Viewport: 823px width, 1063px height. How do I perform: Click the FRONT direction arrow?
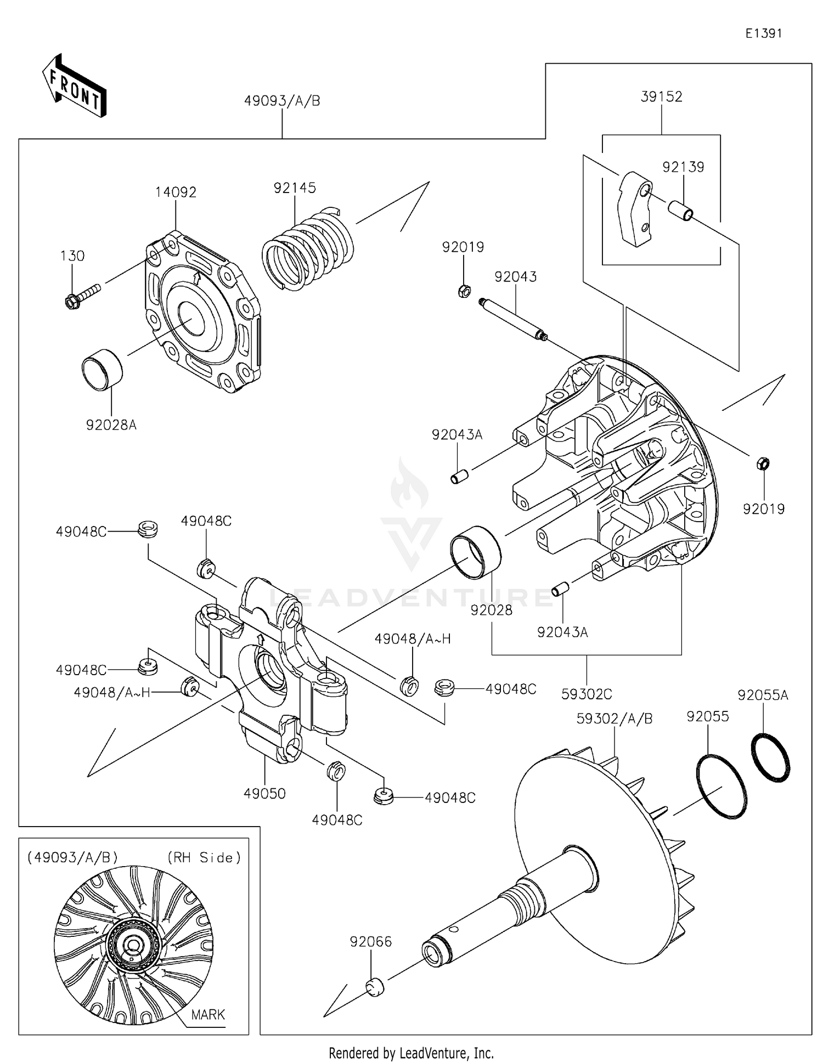coord(74,87)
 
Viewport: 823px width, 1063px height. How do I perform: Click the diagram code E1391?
coord(763,33)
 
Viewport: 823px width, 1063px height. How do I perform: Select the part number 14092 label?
coord(176,193)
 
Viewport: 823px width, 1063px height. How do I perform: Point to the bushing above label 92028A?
coord(103,370)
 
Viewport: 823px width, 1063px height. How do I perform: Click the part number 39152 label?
coord(661,97)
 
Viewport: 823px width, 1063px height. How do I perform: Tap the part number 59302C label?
coord(587,694)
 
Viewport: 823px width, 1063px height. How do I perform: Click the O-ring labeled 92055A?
coord(770,756)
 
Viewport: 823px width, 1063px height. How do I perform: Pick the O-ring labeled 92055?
coord(721,787)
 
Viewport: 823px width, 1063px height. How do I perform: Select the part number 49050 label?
coord(264,794)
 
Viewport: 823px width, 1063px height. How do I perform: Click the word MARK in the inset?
coord(208,1015)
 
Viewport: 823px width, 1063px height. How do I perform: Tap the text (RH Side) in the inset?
coord(204,858)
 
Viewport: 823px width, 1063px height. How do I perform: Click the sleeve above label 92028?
coord(475,552)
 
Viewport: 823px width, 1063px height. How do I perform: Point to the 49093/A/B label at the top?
coord(282,101)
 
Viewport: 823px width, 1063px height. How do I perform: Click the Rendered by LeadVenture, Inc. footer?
coord(411,1053)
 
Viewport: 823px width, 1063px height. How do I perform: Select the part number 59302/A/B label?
coord(615,719)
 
